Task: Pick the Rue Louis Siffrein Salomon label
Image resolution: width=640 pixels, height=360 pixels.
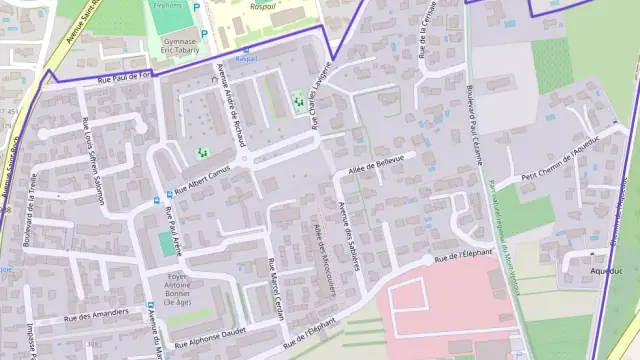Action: pyautogui.click(x=93, y=159)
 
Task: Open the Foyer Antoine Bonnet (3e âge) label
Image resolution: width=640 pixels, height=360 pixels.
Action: pyautogui.click(x=177, y=288)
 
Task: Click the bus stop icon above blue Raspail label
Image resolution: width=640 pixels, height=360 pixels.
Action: pyautogui.click(x=247, y=48)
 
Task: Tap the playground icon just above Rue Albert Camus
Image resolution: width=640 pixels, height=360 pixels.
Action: pyautogui.click(x=201, y=152)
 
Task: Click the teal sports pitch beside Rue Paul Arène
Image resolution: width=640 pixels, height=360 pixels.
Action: pyautogui.click(x=165, y=243)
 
